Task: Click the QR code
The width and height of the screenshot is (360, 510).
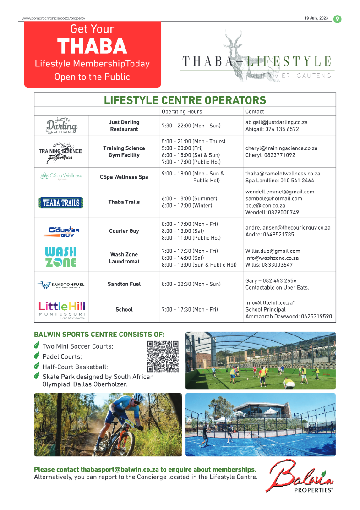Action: click(x=163, y=356)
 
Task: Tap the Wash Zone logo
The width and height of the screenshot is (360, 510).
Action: click(x=61, y=258)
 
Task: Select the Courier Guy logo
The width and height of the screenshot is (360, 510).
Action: click(x=61, y=231)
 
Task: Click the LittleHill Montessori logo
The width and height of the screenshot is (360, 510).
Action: click(x=61, y=310)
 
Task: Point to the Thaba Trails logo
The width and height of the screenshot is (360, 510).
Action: click(x=61, y=202)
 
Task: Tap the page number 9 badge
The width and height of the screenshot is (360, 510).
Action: click(x=337, y=19)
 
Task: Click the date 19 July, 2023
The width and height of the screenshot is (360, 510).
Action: click(x=316, y=19)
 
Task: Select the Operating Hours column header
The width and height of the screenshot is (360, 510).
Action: click(x=182, y=111)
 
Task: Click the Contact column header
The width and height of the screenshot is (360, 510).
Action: click(x=255, y=111)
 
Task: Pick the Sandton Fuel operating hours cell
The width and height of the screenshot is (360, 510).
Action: click(x=191, y=284)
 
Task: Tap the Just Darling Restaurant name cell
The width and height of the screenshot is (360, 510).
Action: click(x=124, y=126)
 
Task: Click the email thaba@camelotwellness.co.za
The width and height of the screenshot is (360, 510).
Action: click(x=283, y=174)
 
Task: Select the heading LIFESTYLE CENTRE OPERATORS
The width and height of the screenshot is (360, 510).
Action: click(x=185, y=100)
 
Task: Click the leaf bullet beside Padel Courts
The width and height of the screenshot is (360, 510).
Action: click(x=37, y=356)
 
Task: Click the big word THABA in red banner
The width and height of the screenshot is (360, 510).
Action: click(x=92, y=46)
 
